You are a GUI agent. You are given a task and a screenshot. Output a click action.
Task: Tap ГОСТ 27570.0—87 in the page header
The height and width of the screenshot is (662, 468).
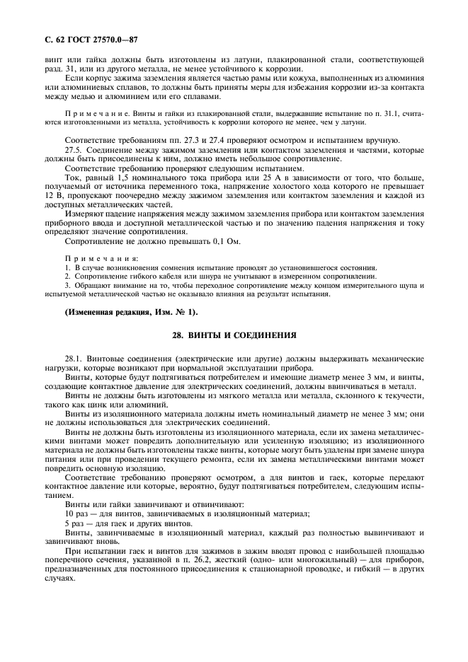point(94,40)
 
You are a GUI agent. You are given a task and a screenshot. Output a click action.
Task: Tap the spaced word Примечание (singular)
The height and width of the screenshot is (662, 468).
point(101,112)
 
